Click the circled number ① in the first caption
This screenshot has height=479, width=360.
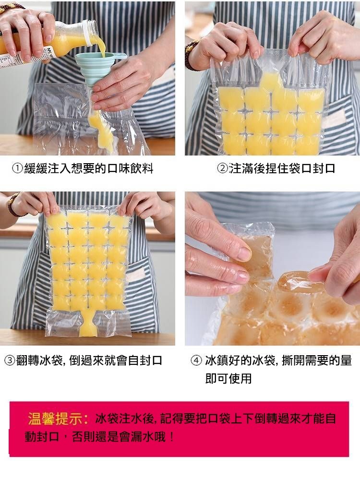tap(18, 168)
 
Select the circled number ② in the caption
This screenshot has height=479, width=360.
tap(222, 168)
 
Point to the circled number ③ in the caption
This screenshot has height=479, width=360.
tap(10, 360)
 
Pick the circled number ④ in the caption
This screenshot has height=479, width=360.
tap(196, 360)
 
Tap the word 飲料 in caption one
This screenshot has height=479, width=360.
tap(142, 168)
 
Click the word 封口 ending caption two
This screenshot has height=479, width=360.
tap(324, 168)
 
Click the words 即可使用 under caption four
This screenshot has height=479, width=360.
tap(228, 379)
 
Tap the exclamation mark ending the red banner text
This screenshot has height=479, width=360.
tap(171, 437)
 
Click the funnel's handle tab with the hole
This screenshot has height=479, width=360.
tap(120, 57)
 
